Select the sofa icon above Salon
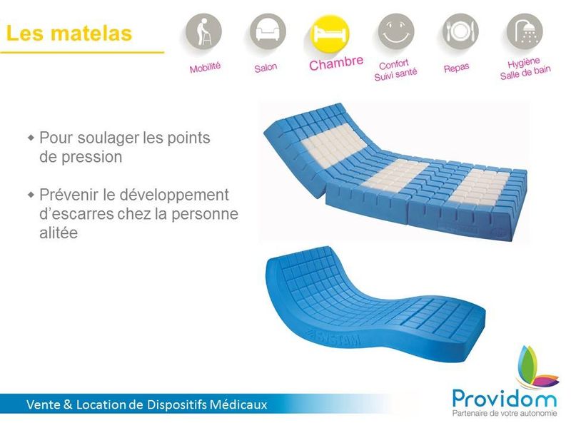[268, 32]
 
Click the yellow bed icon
[330, 33]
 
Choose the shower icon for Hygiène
[525, 32]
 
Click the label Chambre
[336, 65]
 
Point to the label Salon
[266, 68]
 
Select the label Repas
[456, 68]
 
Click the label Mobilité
[206, 68]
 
